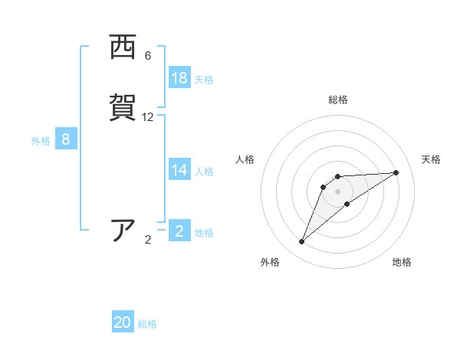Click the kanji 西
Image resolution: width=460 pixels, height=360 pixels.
click(x=123, y=47)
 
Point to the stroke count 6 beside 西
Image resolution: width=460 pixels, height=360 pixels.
click(x=148, y=56)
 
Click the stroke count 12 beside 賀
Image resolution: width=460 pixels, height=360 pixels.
click(x=148, y=117)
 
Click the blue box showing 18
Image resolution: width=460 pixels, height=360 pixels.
click(x=179, y=78)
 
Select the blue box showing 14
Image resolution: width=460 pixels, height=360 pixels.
click(x=179, y=170)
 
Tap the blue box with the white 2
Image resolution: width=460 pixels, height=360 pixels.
click(x=179, y=231)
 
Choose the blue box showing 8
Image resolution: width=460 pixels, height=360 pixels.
click(x=66, y=139)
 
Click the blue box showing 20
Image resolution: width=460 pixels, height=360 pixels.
click(x=123, y=322)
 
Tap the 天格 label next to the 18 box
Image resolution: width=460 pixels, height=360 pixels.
click(x=204, y=79)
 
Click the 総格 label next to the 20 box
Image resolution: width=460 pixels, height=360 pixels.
click(x=147, y=324)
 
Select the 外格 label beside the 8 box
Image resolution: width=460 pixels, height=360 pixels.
click(x=40, y=140)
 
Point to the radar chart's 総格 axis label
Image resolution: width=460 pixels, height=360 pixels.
click(x=338, y=100)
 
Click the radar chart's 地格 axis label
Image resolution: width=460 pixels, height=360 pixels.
click(x=402, y=263)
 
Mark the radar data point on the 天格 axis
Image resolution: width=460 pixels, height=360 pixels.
click(x=396, y=172)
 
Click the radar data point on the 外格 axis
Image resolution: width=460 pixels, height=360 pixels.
click(x=302, y=242)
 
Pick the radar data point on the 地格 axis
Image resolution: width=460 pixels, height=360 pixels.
click(x=347, y=204)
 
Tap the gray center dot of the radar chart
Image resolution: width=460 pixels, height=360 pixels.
click(x=338, y=191)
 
